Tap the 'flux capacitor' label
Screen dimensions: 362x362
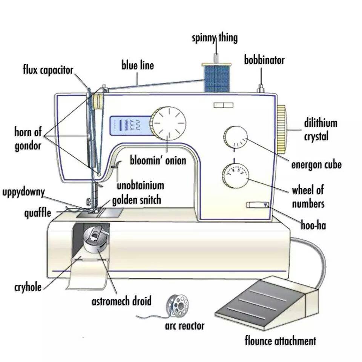pos(48,70)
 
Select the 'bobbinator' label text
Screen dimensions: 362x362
pos(264,60)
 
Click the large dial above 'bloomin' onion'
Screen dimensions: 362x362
pos(168,123)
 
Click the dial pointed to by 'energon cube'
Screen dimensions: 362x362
pos(235,137)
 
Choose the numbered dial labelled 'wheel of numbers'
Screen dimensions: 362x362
pos(235,176)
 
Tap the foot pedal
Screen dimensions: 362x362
pos(267,304)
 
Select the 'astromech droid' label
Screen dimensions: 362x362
pos(122,301)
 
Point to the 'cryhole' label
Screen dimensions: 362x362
pos(28,287)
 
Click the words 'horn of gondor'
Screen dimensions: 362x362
pos(28,139)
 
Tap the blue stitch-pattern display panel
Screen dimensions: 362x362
pos(131,126)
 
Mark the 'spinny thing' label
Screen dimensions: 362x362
pos(215,38)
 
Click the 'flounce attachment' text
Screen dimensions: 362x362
pos(280,341)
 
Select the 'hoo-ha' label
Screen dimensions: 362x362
pos(313,225)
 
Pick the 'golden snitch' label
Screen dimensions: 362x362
pos(137,200)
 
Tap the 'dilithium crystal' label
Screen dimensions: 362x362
pos(321,129)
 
